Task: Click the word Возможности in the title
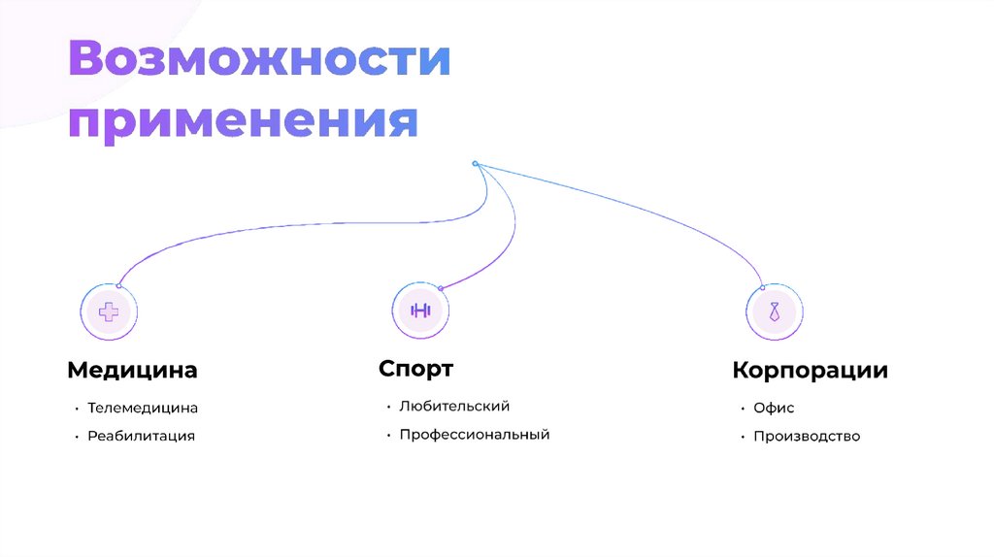point(259,61)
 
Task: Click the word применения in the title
point(243,123)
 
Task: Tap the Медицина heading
point(132,370)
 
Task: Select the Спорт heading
point(415,369)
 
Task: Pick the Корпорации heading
point(810,371)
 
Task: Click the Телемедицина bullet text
point(143,409)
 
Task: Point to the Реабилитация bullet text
point(141,436)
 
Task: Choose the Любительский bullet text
point(454,407)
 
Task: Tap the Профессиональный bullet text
point(475,435)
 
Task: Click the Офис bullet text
point(774,409)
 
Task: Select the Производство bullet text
point(807,437)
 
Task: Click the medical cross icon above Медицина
point(109,311)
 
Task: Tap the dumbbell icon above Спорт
point(420,311)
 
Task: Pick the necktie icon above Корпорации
point(774,311)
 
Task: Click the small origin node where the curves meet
point(475,163)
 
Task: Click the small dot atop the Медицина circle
point(118,284)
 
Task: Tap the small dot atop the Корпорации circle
point(763,286)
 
